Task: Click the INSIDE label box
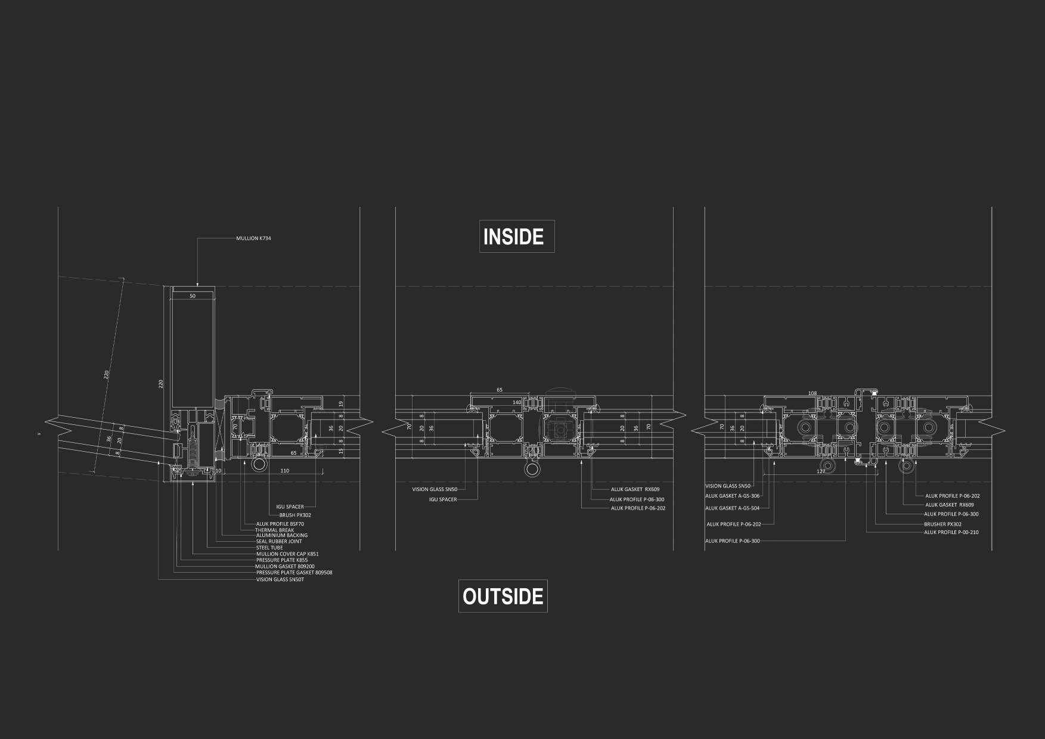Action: click(516, 237)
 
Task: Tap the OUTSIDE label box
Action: click(503, 596)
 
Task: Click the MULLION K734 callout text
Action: click(253, 238)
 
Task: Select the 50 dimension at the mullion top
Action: click(193, 296)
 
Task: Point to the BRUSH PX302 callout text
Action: click(295, 515)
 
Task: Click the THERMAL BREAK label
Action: click(274, 530)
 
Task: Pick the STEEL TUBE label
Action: click(269, 548)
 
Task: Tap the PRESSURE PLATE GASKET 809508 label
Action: click(294, 573)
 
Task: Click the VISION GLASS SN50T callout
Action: click(280, 579)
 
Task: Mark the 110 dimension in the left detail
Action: click(284, 471)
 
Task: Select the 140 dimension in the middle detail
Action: click(517, 403)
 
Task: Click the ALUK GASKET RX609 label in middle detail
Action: click(635, 489)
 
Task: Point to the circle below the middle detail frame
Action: click(532, 469)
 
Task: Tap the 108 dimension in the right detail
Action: click(812, 393)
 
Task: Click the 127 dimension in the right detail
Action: click(821, 471)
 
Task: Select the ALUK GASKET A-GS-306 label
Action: click(732, 496)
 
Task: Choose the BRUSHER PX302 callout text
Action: click(942, 524)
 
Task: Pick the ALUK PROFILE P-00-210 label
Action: click(951, 532)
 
